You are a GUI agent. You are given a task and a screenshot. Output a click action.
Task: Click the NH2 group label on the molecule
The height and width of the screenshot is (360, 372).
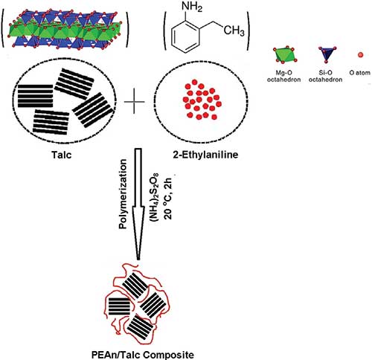[x=192, y=7]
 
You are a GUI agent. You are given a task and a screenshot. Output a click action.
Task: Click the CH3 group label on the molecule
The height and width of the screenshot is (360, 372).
[x=234, y=30]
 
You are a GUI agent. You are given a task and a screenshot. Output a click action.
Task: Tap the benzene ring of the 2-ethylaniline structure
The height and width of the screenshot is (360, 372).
[x=185, y=36]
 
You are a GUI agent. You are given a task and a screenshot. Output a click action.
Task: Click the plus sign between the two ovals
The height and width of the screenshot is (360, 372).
[x=134, y=102]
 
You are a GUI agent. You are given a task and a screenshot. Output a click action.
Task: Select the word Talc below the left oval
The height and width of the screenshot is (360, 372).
[x=62, y=155]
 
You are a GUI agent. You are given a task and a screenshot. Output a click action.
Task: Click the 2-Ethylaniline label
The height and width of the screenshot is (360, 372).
[x=205, y=155]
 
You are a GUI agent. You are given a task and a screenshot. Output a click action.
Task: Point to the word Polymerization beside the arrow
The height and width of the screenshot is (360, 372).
[x=123, y=194]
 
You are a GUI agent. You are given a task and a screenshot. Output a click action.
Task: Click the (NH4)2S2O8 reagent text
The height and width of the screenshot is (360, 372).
[x=154, y=195]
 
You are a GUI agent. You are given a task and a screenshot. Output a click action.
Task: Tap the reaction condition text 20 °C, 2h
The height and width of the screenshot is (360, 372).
[x=167, y=196]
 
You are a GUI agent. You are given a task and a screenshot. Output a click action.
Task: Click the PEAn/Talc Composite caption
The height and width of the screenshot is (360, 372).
[x=143, y=355]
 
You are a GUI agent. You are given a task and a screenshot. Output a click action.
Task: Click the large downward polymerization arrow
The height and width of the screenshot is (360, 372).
[x=138, y=204]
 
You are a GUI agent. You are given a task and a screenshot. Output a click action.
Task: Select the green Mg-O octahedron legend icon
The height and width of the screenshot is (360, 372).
[x=285, y=54]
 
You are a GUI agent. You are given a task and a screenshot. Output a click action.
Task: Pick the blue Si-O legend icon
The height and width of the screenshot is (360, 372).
[x=327, y=54]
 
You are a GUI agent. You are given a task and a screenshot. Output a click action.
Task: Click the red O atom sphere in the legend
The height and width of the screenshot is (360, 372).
[x=361, y=55]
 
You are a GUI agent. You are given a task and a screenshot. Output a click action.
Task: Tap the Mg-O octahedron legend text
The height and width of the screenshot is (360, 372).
[x=283, y=76]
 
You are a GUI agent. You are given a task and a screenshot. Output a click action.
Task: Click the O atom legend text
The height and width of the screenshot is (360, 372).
[x=359, y=73]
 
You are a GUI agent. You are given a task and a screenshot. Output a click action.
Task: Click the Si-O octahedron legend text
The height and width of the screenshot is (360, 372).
[x=325, y=76]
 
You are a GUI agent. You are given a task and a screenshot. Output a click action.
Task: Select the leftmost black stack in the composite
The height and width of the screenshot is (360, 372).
[x=119, y=306]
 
